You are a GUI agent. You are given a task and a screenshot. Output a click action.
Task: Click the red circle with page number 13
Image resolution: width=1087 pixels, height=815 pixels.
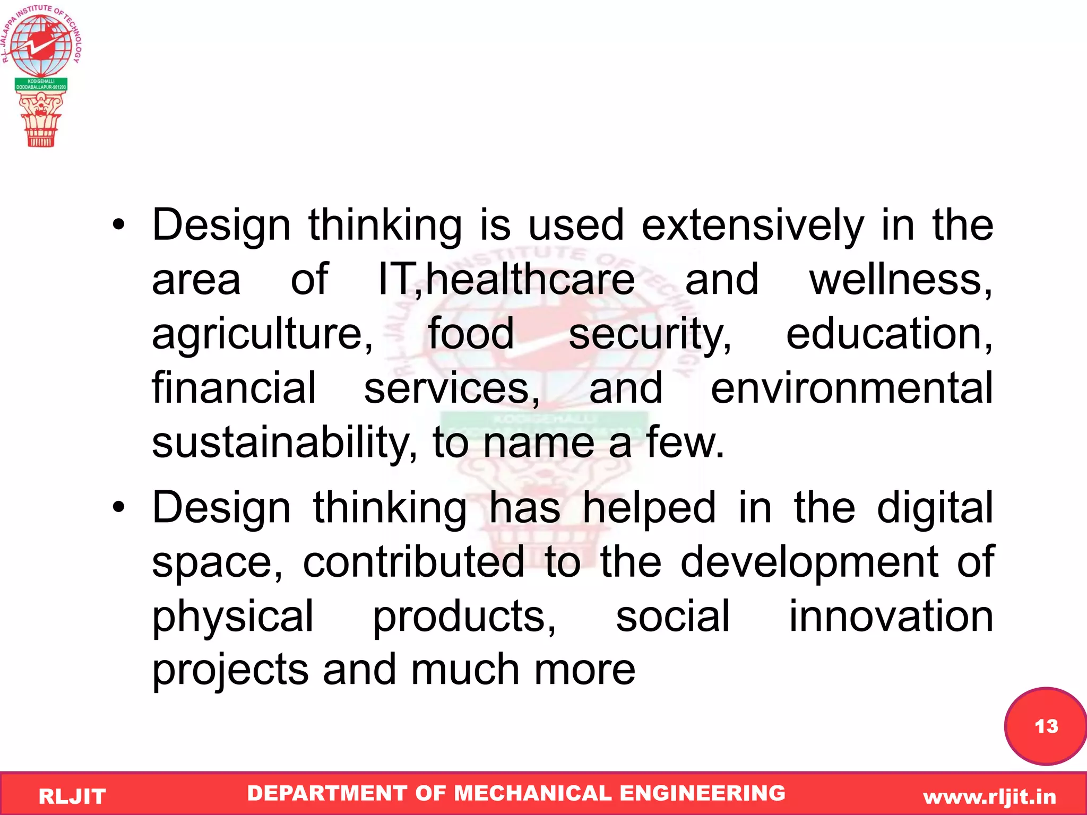[1045, 726]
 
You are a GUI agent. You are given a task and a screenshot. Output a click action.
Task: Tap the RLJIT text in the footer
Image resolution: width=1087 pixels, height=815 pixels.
[72, 796]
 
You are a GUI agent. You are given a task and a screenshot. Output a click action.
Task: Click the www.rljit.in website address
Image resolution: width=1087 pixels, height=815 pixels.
[989, 796]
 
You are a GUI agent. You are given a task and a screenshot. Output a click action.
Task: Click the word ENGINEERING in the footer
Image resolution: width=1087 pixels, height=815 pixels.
[702, 793]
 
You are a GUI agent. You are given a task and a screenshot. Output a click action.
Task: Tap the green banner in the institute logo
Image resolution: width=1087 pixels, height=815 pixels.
[41, 84]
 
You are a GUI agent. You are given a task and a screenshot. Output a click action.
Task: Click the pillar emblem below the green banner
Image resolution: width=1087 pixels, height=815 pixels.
[40, 119]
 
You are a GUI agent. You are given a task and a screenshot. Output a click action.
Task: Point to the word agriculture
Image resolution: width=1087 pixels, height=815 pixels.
[263, 335]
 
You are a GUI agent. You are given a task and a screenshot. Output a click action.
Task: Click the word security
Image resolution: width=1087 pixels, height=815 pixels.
[650, 335]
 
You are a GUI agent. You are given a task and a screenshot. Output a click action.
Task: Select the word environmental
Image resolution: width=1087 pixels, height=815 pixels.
[851, 388]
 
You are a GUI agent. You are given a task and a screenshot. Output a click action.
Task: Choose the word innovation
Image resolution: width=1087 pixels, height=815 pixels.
[891, 616]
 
